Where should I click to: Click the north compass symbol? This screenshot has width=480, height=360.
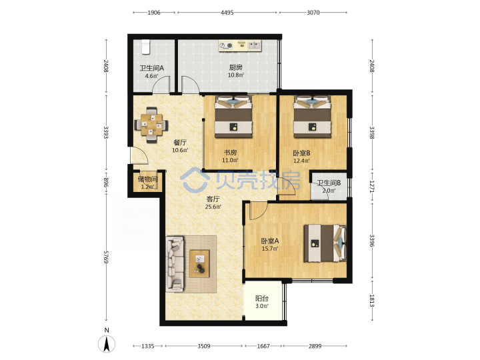tap(107, 344)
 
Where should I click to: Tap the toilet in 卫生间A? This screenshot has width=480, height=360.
tap(146, 47)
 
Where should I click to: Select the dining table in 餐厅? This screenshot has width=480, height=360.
tap(151, 125)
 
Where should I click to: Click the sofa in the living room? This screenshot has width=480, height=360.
tap(175, 263)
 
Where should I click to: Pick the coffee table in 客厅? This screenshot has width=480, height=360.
tap(199, 263)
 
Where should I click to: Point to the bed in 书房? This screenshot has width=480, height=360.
tap(233, 117)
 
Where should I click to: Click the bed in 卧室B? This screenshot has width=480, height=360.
tap(312, 117)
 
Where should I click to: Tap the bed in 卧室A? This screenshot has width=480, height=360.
tap(325, 243)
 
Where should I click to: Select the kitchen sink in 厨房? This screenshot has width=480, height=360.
tap(254, 45)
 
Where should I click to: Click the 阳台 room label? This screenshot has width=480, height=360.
tap(262, 298)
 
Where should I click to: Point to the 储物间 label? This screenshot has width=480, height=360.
tap(147, 179)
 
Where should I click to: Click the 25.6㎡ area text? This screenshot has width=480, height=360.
tap(213, 207)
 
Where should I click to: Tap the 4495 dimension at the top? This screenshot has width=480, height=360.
tap(227, 13)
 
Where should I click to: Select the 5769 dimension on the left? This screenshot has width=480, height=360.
tap(105, 257)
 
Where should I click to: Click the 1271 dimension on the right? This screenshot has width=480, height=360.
tap(371, 186)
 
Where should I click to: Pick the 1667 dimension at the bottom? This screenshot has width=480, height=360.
tap(263, 346)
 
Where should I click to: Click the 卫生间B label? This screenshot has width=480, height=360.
tap(329, 183)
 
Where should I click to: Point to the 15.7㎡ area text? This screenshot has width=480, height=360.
tap(270, 249)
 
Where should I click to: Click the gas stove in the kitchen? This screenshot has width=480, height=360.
tap(226, 45)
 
